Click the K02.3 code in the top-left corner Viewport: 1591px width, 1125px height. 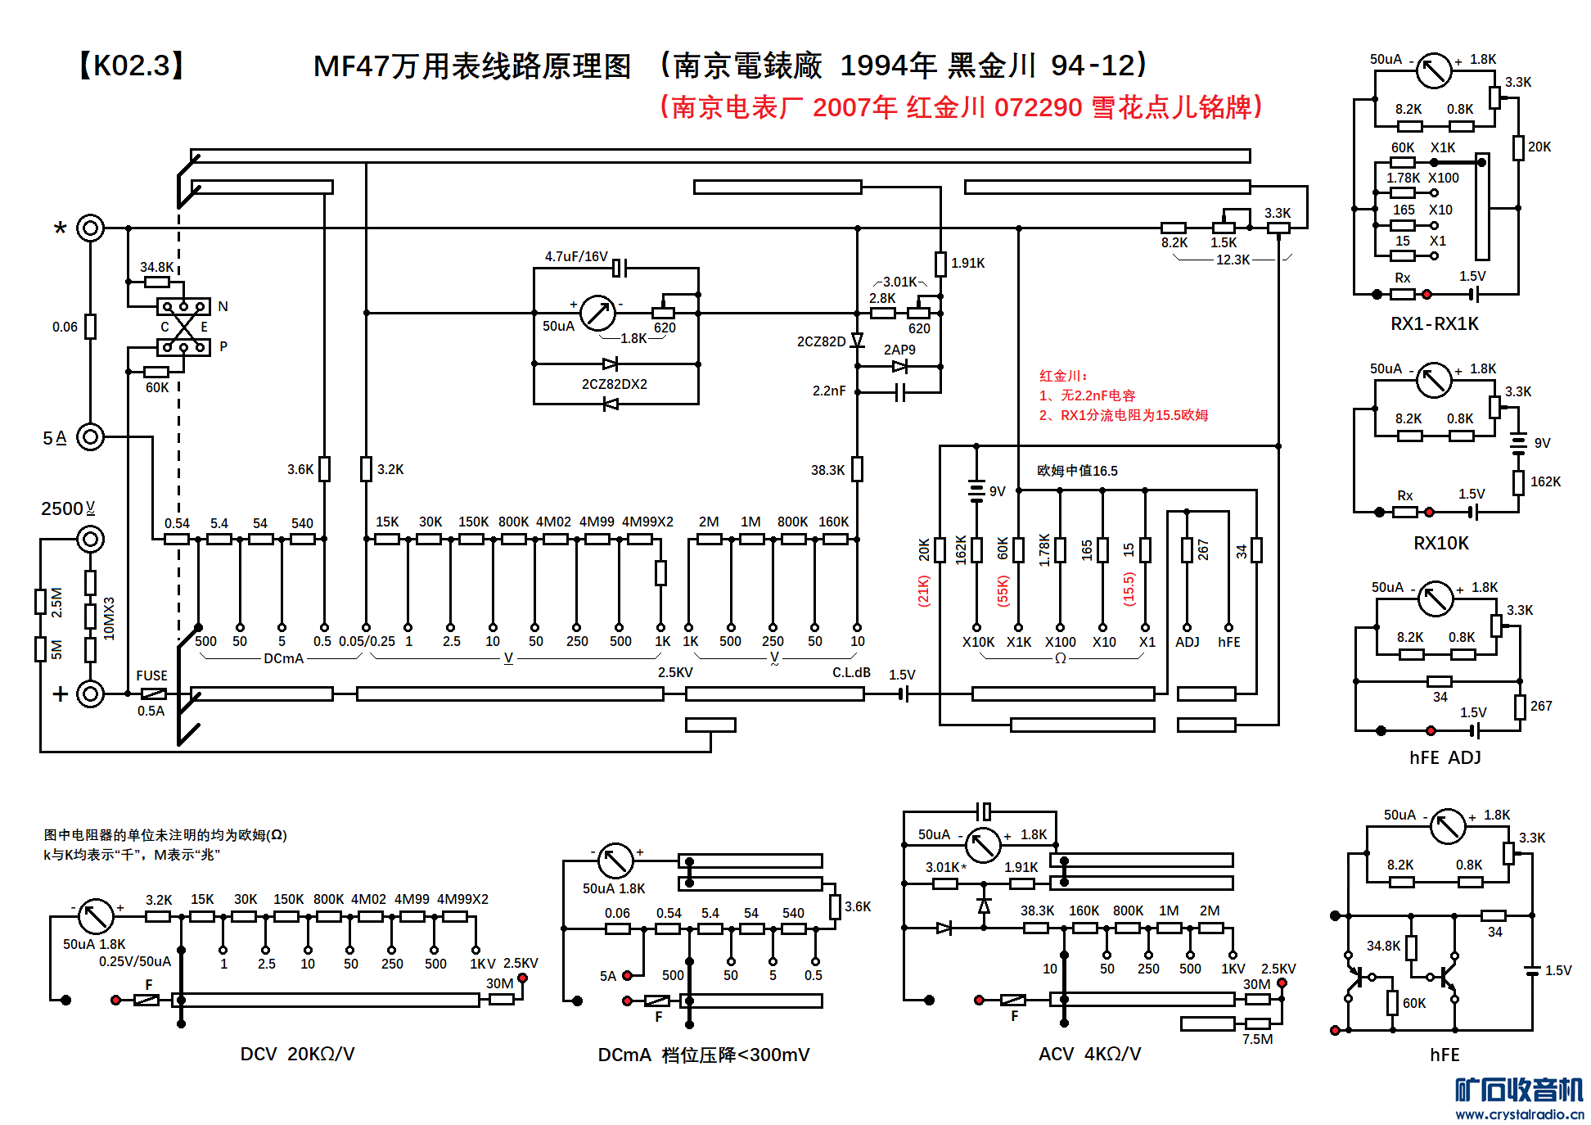click(132, 66)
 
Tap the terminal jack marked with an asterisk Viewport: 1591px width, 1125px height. click(90, 228)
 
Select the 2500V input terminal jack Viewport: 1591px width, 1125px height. click(90, 540)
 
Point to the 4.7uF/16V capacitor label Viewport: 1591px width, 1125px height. click(576, 256)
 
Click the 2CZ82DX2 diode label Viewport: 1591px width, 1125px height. click(614, 384)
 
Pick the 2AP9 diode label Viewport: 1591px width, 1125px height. click(899, 350)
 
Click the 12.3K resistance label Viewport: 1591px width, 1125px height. click(1233, 260)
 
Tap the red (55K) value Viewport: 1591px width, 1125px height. click(1003, 590)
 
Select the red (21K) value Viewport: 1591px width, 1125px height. click(923, 590)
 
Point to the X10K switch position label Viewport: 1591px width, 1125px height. click(978, 642)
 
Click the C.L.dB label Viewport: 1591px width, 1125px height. click(851, 672)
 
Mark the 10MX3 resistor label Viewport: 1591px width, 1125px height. click(109, 618)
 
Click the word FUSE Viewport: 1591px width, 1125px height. click(151, 675)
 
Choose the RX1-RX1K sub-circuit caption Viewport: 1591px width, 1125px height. click(1434, 323)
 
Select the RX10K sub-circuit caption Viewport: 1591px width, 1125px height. click(1440, 543)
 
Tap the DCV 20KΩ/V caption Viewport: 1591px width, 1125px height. click(297, 1054)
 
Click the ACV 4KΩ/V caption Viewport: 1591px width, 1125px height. click(1088, 1054)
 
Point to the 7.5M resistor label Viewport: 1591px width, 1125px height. click(1257, 1039)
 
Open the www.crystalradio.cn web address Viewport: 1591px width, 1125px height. click(1519, 1114)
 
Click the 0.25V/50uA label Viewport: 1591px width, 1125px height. click(135, 961)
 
